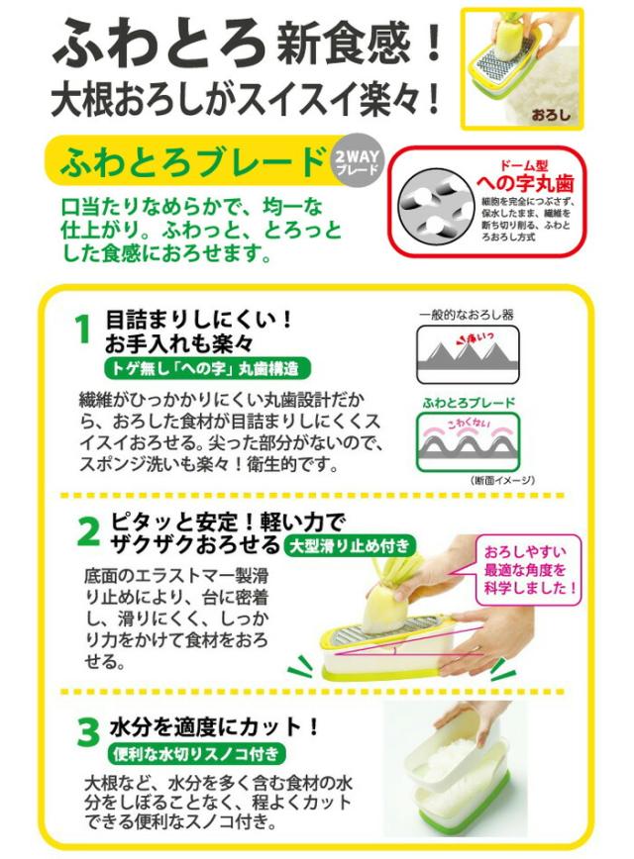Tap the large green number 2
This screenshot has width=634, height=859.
(88, 532)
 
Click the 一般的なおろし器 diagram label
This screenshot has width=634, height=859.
(466, 315)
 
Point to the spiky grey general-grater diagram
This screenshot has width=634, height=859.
(466, 355)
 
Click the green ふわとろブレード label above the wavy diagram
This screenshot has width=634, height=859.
(466, 404)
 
